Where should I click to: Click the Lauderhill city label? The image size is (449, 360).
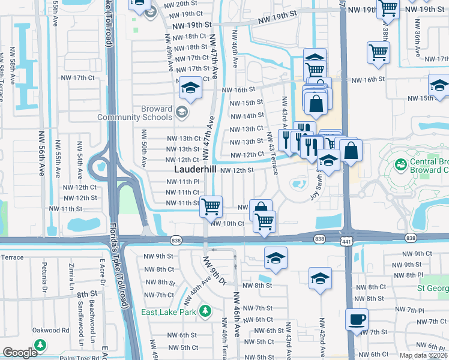coord(194,170)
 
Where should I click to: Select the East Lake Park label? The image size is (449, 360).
coord(169,312)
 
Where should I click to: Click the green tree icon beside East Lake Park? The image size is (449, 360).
coord(206,311)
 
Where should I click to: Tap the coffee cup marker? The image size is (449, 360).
coord(357,319)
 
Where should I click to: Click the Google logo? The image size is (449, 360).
coord(20,352)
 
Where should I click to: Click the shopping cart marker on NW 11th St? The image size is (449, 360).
coord(211,207)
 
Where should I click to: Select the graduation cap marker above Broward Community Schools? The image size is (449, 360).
coord(190,89)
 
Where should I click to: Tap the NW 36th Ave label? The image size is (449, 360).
coord(416,45)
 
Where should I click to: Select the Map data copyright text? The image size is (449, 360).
coord(423,355)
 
